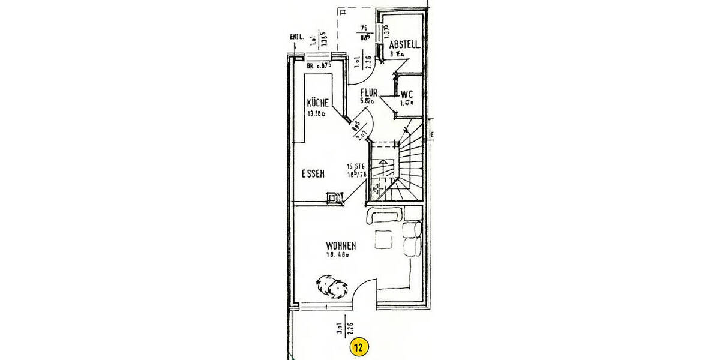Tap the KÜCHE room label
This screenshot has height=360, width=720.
[317, 103]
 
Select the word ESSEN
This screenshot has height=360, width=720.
[313, 174]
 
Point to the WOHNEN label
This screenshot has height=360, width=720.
[341, 245]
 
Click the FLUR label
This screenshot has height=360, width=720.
[368, 93]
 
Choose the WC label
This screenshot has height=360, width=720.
[407, 95]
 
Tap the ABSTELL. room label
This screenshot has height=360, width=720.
[404, 45]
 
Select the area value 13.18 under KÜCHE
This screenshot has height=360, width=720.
[315, 113]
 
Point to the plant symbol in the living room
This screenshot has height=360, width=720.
[331, 286]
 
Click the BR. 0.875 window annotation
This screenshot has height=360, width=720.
[319, 66]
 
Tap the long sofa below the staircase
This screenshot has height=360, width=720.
[386, 215]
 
